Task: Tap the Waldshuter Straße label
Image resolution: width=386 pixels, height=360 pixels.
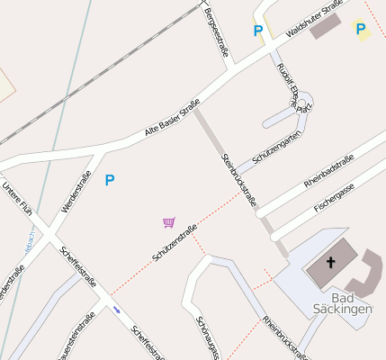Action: [x=314, y=20]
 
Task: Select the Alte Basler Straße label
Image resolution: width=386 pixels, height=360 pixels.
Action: [x=172, y=121]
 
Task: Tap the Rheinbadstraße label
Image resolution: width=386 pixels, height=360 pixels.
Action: [x=329, y=169]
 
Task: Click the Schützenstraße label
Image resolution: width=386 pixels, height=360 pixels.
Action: [x=175, y=243]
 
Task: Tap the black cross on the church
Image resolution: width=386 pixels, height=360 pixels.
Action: [x=329, y=263]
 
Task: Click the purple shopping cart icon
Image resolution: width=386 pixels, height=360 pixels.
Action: [x=168, y=221]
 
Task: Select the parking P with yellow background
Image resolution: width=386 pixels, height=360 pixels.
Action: [x=361, y=29]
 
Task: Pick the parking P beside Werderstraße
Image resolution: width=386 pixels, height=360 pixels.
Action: [x=110, y=180]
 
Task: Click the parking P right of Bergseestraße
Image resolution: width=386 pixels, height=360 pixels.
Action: [x=258, y=31]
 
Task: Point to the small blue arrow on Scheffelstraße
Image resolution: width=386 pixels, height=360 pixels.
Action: [x=117, y=310]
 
